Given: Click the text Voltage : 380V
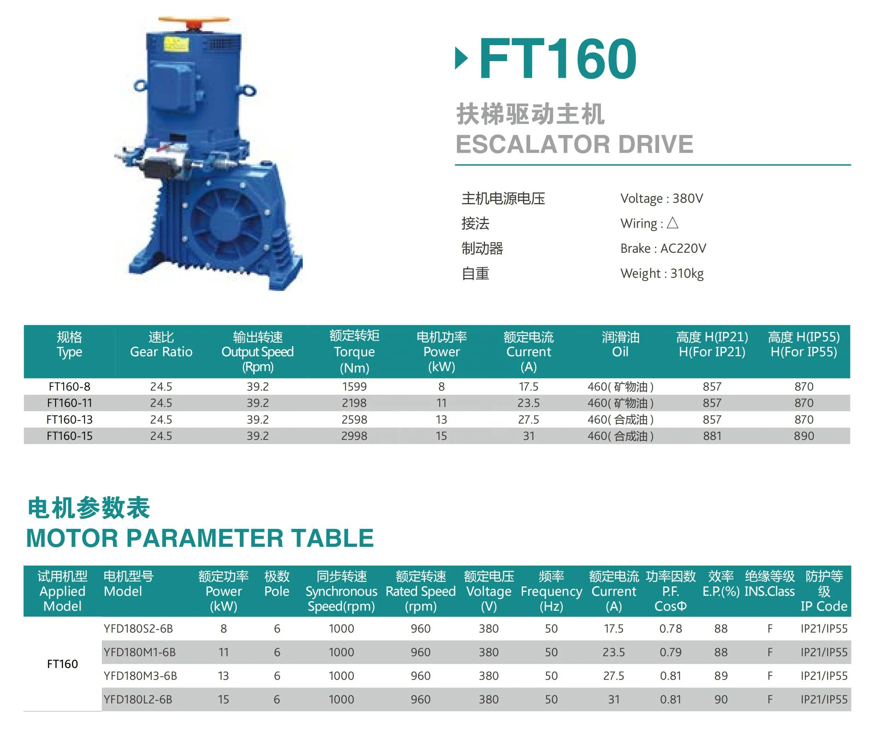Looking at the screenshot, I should tap(661, 198).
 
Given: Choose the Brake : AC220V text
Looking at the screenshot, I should tap(663, 248).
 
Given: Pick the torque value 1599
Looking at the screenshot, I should tap(354, 386).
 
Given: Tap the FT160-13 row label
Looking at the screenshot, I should tap(70, 419).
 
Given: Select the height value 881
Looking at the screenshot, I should tap(712, 436).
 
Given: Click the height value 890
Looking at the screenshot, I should tap(804, 436).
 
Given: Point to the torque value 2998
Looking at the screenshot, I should tap(354, 436).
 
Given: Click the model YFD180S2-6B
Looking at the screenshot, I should tap(138, 628).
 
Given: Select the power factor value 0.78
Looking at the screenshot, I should tap(670, 628).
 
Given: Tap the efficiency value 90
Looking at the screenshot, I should tap(721, 699).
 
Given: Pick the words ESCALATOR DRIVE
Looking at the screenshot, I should tap(574, 144).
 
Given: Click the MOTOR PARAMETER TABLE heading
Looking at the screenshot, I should tap(200, 538).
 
